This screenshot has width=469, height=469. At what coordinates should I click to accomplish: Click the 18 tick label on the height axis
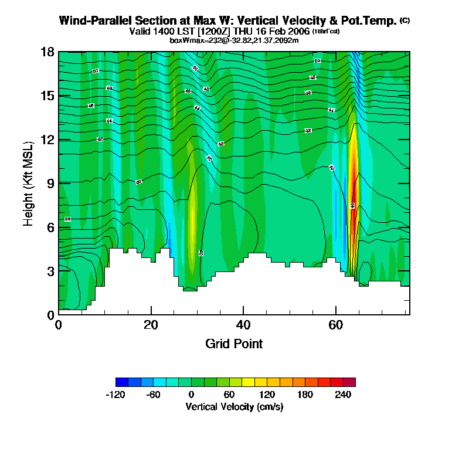point(47,52)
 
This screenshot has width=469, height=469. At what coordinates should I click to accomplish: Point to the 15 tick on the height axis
point(47,96)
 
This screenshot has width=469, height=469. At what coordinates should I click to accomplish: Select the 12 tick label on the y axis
point(47,140)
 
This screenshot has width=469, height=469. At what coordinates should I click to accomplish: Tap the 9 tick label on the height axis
point(50,183)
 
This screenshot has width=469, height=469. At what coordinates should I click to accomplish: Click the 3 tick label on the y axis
point(50,271)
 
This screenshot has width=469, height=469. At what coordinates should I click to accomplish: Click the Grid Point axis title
point(234,344)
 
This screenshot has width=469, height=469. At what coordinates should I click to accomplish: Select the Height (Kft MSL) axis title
point(28,183)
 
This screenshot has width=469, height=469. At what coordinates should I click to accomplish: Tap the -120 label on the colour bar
point(115,394)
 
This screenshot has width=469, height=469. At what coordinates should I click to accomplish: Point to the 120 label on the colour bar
point(267,394)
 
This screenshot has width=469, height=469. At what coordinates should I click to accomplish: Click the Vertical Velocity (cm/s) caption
point(235,406)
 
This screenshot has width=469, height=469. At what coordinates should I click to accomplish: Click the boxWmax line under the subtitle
point(235,40)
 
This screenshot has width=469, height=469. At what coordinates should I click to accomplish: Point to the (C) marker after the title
point(405,21)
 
